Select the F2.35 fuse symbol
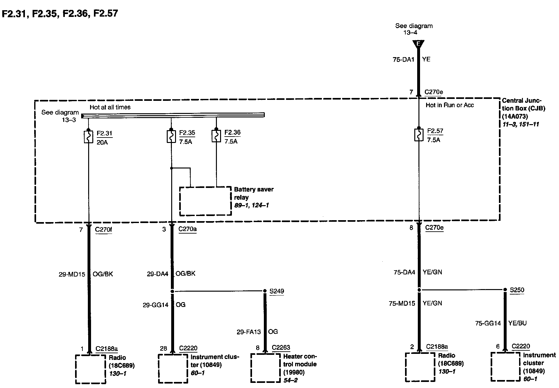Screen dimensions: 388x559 (x=171, y=137)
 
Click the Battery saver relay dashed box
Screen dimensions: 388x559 (x=205, y=201)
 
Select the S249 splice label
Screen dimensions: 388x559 (x=277, y=291)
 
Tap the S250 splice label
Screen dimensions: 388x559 (x=517, y=290)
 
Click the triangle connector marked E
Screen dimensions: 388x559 (x=418, y=44)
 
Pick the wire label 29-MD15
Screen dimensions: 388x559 (x=72, y=274)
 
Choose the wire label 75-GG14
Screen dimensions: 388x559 (x=488, y=323)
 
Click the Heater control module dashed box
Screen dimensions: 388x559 (x=266, y=368)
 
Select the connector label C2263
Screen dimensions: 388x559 (x=281, y=347)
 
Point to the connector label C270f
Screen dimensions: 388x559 (x=103, y=229)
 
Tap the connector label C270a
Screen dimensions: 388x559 (x=188, y=229)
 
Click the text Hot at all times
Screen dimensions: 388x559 (x=110, y=107)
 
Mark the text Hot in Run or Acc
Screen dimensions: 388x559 (x=449, y=105)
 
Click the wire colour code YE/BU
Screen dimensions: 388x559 (x=517, y=323)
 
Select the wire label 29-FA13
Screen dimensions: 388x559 (x=249, y=332)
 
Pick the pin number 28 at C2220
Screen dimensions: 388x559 (x=163, y=348)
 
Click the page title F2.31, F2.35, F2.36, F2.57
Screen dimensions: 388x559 (x=60, y=13)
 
